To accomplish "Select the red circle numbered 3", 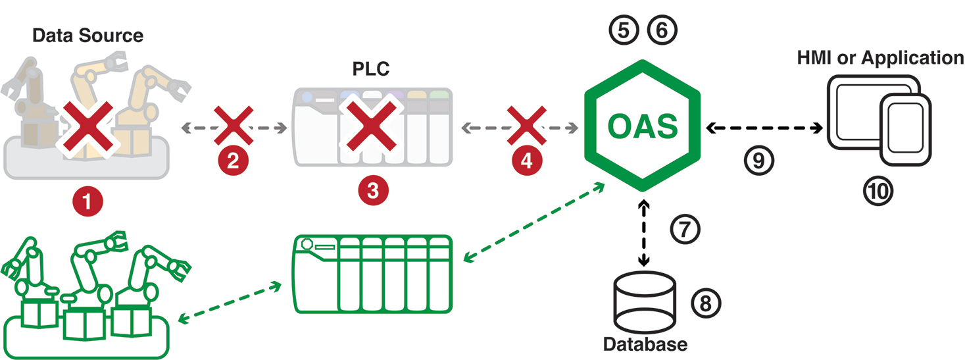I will pyautogui.click(x=373, y=190).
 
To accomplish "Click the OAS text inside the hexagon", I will pyautogui.click(x=642, y=126).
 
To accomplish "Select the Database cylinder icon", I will pyautogui.click(x=643, y=303).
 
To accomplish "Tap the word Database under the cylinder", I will pyautogui.click(x=645, y=344).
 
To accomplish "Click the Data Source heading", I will pyautogui.click(x=87, y=35).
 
